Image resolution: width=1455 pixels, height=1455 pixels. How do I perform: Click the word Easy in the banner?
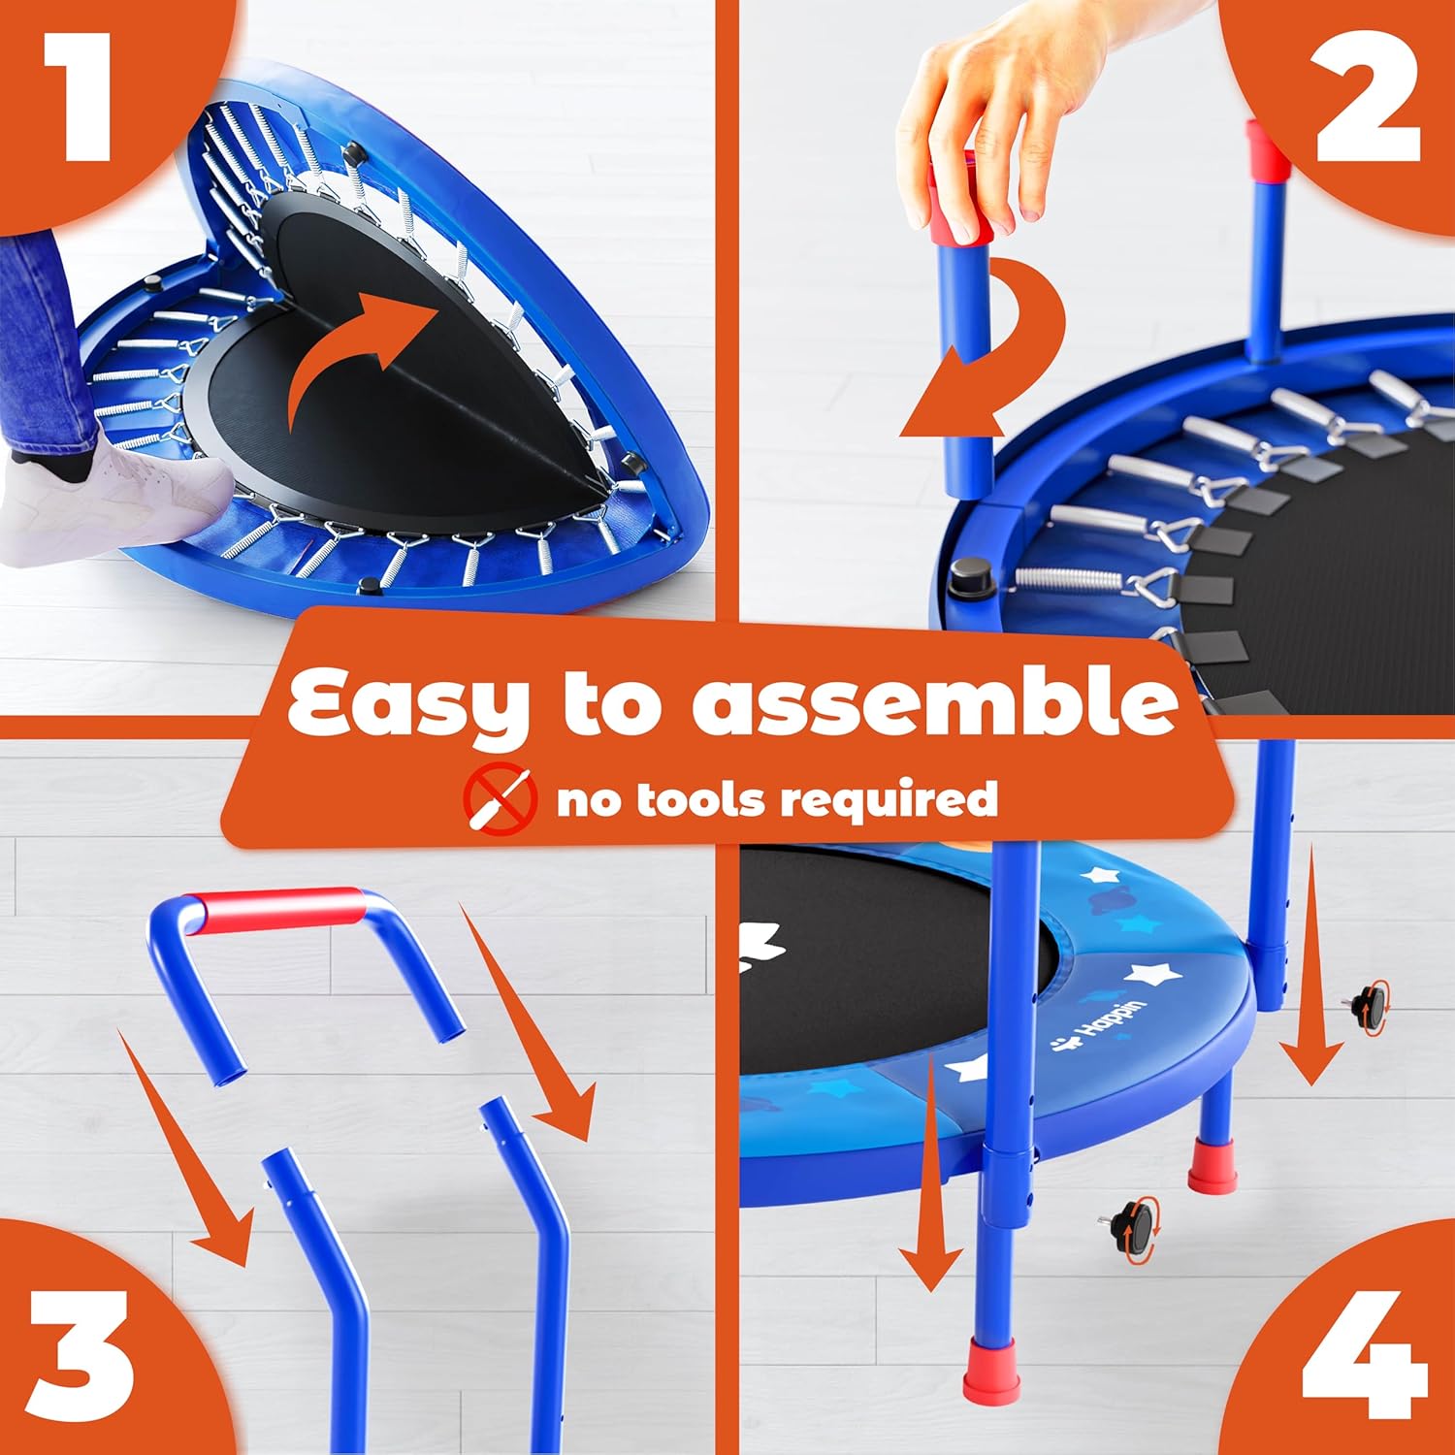(408, 703)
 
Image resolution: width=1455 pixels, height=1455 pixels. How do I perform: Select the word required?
(889, 801)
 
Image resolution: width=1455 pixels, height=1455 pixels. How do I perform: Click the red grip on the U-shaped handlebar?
(276, 910)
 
